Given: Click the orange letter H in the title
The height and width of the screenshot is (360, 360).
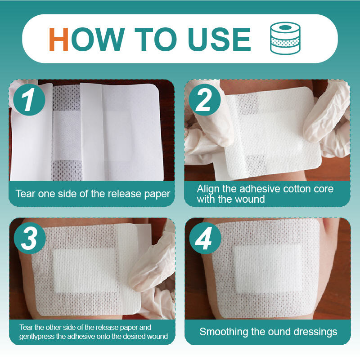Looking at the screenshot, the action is click(x=58, y=39).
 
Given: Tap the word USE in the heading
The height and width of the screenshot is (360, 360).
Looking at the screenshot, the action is click(x=220, y=39).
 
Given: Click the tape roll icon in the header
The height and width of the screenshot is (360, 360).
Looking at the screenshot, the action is click(x=285, y=38).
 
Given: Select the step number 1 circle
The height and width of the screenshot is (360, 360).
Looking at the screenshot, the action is click(x=29, y=100).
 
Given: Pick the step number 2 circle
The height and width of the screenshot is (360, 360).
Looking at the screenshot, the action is click(x=205, y=100).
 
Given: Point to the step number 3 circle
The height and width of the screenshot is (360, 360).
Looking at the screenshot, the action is click(x=30, y=238).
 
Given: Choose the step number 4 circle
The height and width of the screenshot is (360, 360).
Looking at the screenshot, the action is click(x=205, y=238).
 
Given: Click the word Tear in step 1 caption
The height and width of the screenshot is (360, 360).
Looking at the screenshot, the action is click(x=25, y=194).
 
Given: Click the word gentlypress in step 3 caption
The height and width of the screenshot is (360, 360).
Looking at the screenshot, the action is click(x=37, y=337).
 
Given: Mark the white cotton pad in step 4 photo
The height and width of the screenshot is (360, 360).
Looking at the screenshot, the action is click(x=268, y=269).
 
